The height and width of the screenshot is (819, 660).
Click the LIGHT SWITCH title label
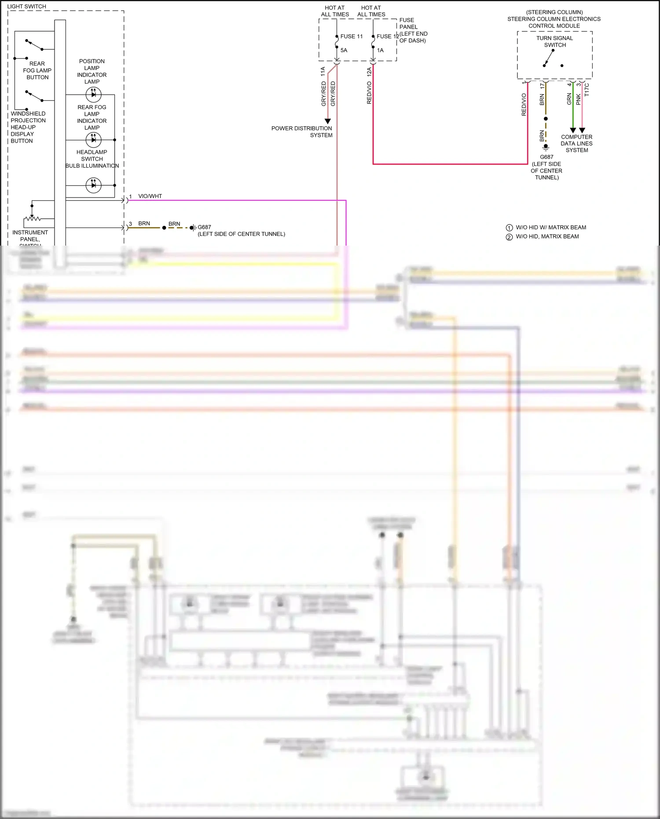26,7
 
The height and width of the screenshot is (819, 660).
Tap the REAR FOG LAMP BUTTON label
37,70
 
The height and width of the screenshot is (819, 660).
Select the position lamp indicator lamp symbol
93,94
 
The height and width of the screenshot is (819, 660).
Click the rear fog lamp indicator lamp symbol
93,140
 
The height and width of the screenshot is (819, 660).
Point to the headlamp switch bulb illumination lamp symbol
93,185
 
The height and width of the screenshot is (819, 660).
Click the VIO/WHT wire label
150,196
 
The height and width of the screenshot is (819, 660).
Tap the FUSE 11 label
352,37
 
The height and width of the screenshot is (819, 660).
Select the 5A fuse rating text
344,50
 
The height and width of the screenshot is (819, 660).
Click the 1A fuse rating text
380,50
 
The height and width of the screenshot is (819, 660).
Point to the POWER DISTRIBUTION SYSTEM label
302,132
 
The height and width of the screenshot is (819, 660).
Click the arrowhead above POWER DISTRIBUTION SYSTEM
327,121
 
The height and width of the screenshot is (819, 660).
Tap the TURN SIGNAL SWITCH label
554,41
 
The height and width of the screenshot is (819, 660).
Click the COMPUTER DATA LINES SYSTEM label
576,143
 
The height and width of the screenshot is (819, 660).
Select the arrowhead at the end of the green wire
573,130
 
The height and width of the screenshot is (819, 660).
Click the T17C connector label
587,90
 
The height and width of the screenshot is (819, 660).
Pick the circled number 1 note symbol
509,228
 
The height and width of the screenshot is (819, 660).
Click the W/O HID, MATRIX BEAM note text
547,237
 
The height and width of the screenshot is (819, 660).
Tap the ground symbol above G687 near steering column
546,147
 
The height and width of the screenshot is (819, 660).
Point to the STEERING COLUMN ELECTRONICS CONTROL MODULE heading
554,19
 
